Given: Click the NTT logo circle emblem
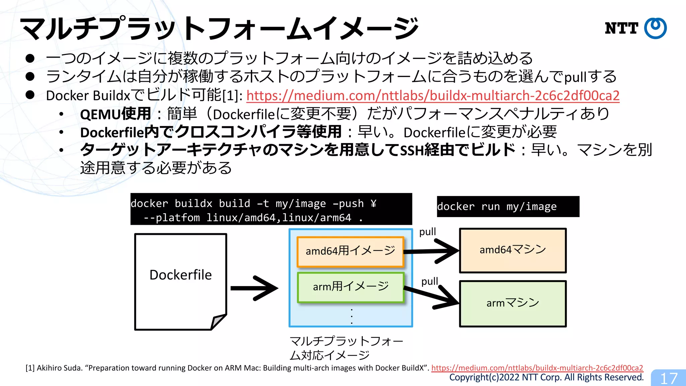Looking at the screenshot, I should [x=655, y=28].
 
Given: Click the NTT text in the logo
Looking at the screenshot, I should [x=621, y=28].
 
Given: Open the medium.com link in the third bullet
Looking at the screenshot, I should [x=433, y=96].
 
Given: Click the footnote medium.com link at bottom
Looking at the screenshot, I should [x=537, y=368].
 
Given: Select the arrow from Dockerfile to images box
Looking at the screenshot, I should [x=255, y=288].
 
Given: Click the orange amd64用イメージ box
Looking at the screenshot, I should [x=350, y=251].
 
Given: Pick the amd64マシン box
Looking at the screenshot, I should [x=512, y=250].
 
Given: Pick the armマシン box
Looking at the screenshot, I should [x=512, y=304].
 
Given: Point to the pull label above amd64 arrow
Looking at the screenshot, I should [x=427, y=232].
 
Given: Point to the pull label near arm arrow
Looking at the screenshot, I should [x=429, y=281].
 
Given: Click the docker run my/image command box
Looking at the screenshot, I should [x=508, y=207].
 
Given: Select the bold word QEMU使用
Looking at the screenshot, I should [x=115, y=114].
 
